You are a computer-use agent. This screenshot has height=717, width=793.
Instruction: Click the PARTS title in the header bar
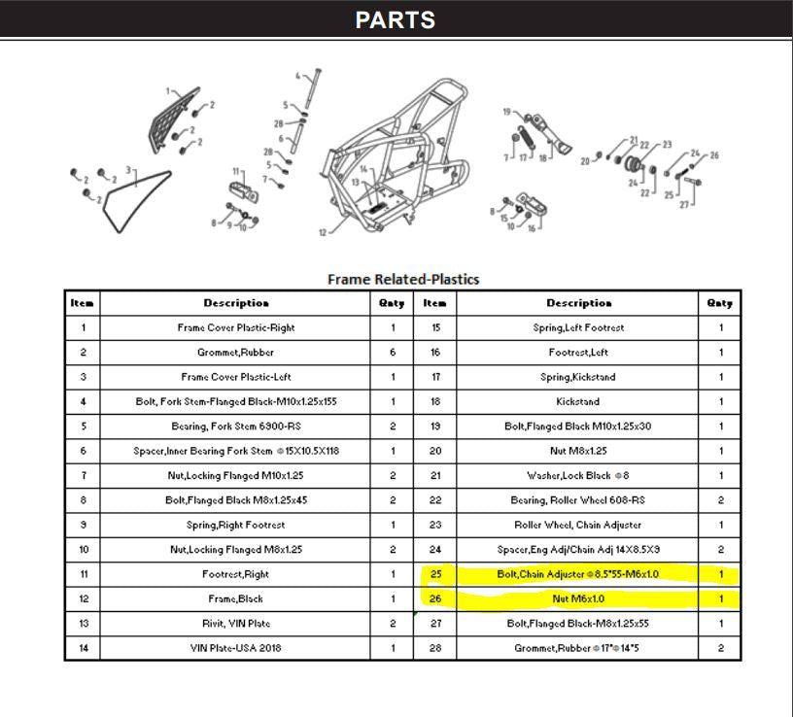(395, 19)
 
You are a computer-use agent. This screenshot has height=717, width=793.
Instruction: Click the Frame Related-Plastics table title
(402, 279)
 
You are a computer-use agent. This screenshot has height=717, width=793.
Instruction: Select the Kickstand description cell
(578, 401)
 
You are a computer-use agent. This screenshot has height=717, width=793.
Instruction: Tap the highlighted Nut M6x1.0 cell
(578, 598)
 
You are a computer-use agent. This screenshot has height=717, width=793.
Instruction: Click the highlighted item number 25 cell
(435, 574)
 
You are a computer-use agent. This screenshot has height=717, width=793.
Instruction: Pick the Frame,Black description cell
(236, 598)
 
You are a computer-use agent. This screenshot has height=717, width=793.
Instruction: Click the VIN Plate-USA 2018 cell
(236, 648)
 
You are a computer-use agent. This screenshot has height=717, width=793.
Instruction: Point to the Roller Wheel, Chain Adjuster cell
(578, 525)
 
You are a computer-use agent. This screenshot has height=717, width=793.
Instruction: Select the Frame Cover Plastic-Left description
(236, 377)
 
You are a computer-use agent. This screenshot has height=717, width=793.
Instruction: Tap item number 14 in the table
(83, 648)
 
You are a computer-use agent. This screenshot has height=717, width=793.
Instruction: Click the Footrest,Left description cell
(578, 353)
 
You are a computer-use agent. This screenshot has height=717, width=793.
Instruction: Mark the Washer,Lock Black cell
(578, 476)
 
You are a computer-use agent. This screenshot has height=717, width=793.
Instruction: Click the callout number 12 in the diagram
(322, 232)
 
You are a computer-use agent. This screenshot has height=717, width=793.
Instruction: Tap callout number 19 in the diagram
(506, 113)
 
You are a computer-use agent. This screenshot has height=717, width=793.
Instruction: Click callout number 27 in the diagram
(683, 204)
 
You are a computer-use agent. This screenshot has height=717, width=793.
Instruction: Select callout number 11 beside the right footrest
(236, 171)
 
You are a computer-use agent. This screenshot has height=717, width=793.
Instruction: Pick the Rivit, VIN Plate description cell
(236, 623)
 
